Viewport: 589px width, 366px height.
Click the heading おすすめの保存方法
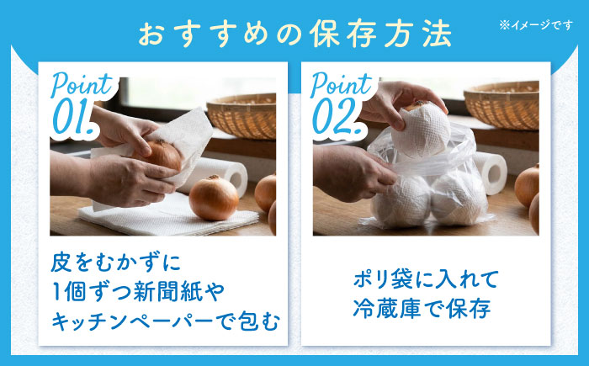[294, 34]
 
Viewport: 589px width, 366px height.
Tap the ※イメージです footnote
[536, 25]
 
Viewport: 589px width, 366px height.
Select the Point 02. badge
[341, 105]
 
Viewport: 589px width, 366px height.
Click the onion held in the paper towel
[160, 155]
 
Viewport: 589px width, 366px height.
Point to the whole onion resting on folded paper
[214, 198]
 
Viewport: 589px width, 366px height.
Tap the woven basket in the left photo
[241, 116]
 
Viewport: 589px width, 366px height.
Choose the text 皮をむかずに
[116, 263]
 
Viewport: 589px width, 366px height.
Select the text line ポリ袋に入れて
[426, 279]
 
